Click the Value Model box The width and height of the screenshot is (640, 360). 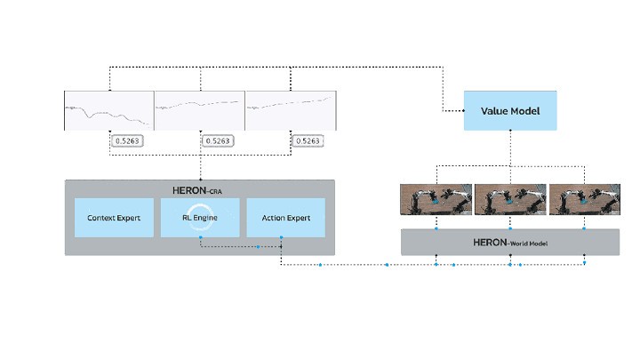point(510,110)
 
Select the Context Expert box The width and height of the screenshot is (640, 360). point(115,218)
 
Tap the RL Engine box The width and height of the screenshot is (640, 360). point(200,218)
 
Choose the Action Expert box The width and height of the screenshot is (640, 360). point(285,218)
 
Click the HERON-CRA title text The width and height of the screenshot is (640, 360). point(197,190)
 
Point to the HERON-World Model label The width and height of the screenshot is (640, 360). point(510,243)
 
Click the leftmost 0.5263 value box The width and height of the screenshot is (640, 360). point(127,140)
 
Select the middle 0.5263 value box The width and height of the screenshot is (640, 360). point(218,140)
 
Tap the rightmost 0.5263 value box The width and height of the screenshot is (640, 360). point(308,140)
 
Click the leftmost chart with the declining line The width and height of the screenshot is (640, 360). point(109,110)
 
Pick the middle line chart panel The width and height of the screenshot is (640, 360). point(200,110)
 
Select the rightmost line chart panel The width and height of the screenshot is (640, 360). point(291,110)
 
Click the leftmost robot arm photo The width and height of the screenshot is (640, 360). point(436,199)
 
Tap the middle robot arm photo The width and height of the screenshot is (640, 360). point(510,199)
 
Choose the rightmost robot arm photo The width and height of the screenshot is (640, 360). point(585,199)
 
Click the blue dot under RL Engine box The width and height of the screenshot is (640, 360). point(200,237)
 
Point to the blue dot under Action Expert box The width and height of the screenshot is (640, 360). point(281,237)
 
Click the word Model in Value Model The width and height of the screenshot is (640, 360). point(525,111)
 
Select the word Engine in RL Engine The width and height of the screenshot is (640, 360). point(205,218)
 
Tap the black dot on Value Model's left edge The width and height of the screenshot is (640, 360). point(464,110)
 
